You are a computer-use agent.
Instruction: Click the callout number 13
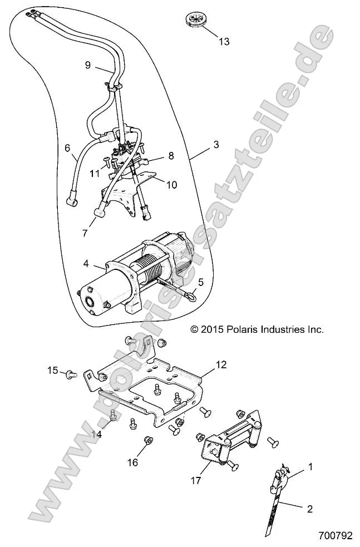click(224, 42)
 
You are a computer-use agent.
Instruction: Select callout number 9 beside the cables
click(88, 65)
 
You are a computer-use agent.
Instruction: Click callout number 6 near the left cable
click(67, 148)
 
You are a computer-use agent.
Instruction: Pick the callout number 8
click(171, 156)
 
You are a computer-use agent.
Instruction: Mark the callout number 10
click(172, 184)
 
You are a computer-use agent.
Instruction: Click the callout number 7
click(85, 233)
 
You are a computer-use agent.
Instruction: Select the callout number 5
click(201, 282)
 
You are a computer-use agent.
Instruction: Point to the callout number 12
click(221, 365)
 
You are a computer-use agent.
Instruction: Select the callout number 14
click(97, 435)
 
